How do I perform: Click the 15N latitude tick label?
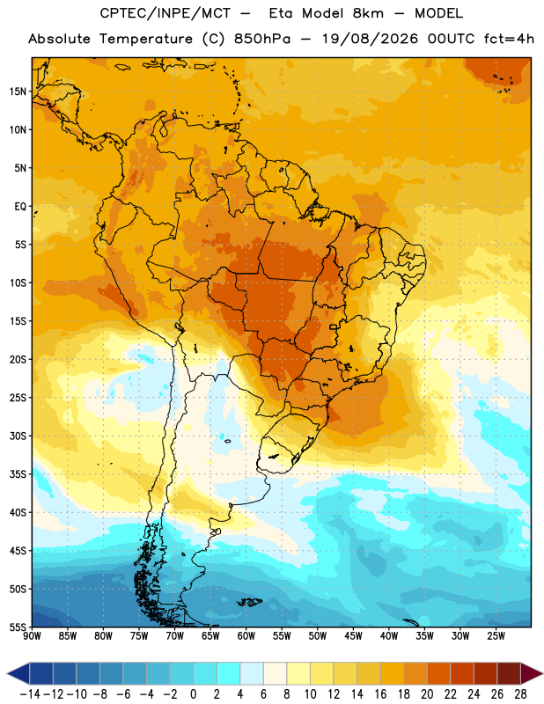[x=18, y=92]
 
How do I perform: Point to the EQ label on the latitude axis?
[x=20, y=207]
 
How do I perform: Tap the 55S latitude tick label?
[x=18, y=627]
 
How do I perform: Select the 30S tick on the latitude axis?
[x=18, y=436]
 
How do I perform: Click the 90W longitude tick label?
[x=32, y=636]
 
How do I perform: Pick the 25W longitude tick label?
[x=496, y=636]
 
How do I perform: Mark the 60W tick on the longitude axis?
[x=246, y=636]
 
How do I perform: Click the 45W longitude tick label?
[x=353, y=636]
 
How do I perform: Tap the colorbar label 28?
[x=520, y=694]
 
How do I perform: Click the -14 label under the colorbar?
[x=30, y=694]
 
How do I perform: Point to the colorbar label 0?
[x=193, y=694]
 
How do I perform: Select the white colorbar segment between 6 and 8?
[x=275, y=673]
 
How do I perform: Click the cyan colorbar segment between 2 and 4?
[x=228, y=673]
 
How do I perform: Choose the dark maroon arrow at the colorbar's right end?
[x=530, y=673]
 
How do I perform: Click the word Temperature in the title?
[x=146, y=39]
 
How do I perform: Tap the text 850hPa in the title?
[x=262, y=39]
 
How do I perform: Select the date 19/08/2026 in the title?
[x=370, y=39]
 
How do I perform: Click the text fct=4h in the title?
[x=509, y=39]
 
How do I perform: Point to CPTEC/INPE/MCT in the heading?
[x=165, y=13]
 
